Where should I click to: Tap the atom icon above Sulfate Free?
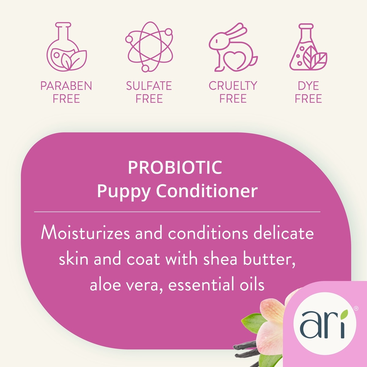point(149,47)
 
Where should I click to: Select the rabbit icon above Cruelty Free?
point(233,47)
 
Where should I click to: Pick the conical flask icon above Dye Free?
point(308,47)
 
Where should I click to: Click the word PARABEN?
point(66,86)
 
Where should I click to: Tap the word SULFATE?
point(149,86)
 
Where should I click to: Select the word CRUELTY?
point(233,86)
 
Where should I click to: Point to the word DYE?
point(308,86)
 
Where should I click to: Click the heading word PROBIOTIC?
point(175,167)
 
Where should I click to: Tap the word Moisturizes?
point(85,233)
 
